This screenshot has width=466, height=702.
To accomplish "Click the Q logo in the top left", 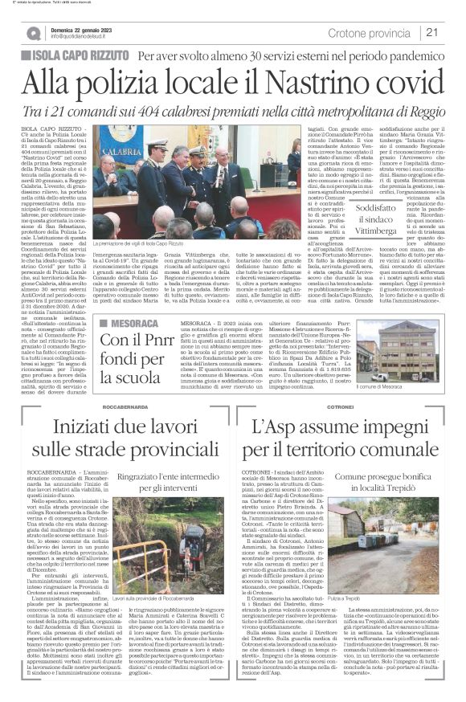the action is click(x=33, y=33).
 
